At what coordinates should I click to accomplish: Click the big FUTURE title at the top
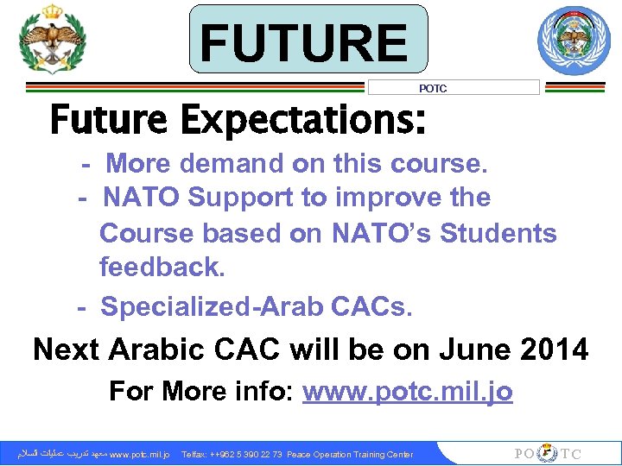pos(308,41)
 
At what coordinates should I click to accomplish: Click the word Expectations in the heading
pos(302,120)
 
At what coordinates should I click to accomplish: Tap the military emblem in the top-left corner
pos(53,40)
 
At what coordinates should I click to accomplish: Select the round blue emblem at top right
pos(574,41)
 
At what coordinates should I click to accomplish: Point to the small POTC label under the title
pos(432,88)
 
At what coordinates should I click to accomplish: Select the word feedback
pos(162,268)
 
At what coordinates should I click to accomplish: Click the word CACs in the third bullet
pos(370,306)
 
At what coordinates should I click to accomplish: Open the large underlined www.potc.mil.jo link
pos(407,392)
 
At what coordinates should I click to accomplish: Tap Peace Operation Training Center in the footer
pos(350,454)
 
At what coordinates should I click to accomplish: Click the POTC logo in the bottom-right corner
pos(548,454)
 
